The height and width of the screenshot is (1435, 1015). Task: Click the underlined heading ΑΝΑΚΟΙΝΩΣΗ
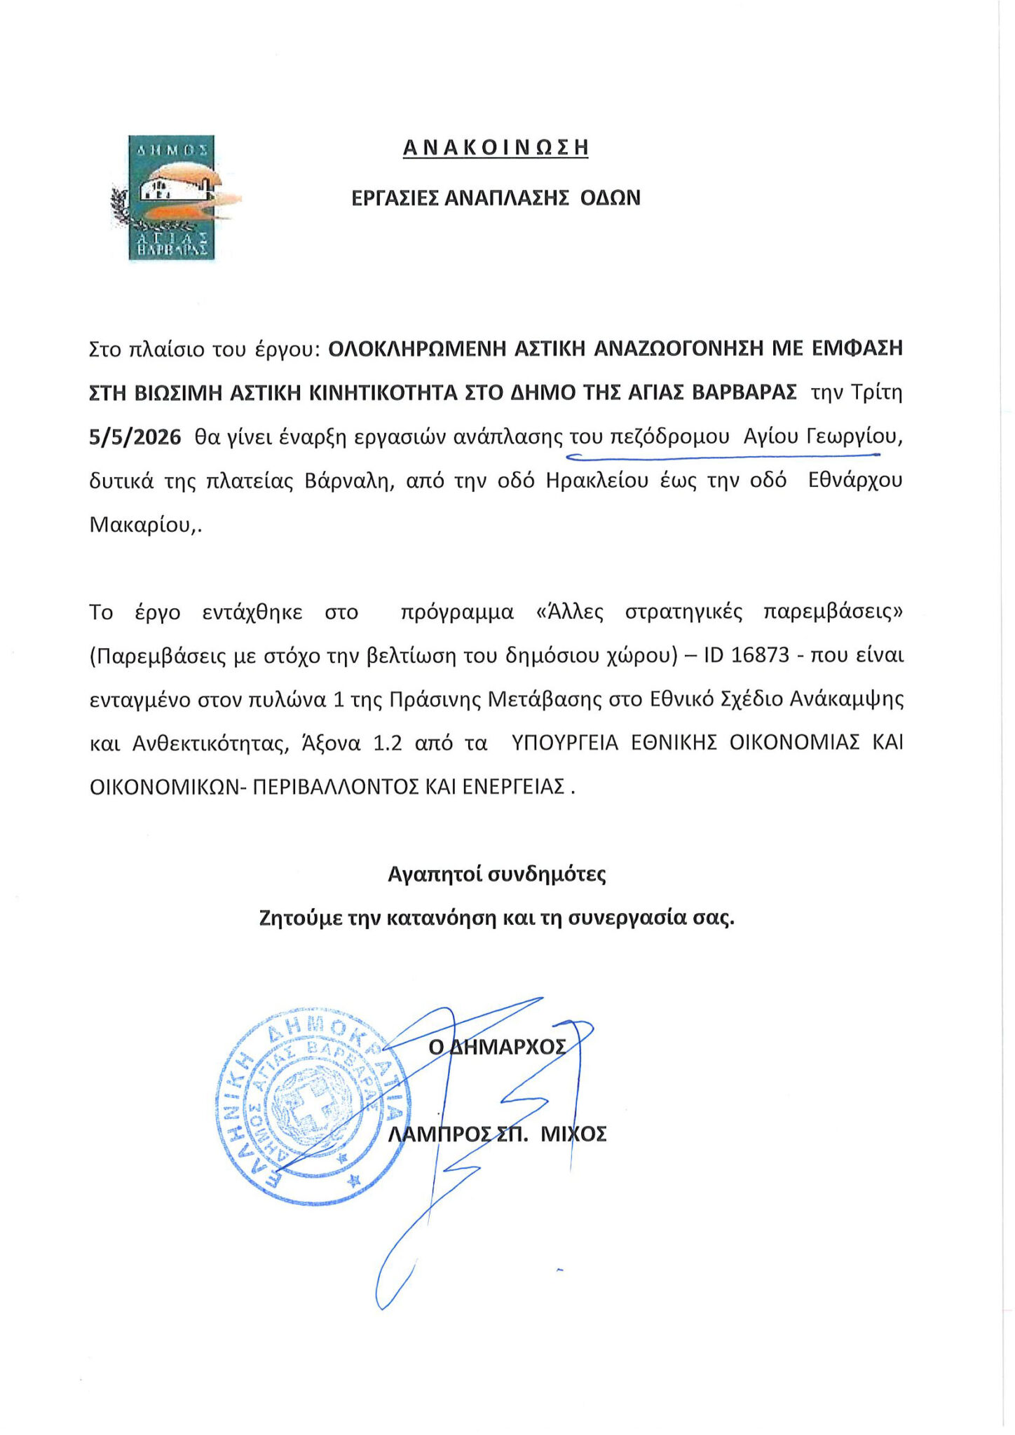496,148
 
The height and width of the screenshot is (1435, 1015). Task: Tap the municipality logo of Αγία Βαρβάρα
171,198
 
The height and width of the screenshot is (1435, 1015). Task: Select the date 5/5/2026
135,437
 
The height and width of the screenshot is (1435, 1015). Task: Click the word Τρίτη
876,392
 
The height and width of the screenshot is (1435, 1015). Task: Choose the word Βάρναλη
348,481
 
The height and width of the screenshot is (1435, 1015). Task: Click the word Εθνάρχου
855,481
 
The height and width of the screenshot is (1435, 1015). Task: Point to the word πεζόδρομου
670,437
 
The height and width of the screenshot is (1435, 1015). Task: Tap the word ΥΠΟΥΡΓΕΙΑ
565,743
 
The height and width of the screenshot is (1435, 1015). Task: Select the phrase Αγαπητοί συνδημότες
497,874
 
